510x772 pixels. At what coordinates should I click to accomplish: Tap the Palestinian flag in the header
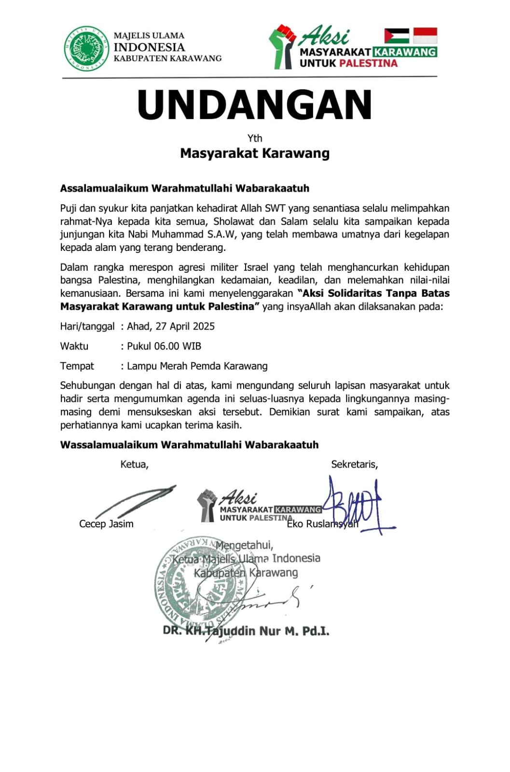pyautogui.click(x=397, y=36)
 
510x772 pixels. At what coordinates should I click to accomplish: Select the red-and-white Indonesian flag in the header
pyautogui.click(x=425, y=36)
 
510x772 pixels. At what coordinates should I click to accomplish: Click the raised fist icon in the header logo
pyautogui.click(x=282, y=46)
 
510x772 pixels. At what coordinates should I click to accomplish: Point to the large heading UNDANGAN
pyautogui.click(x=255, y=105)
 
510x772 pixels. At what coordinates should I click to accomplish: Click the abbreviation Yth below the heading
pyautogui.click(x=255, y=138)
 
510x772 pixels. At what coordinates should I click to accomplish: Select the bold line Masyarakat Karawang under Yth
pyautogui.click(x=255, y=153)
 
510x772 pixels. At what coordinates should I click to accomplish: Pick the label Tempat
pyautogui.click(x=77, y=366)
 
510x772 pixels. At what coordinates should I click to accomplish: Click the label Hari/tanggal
pyautogui.click(x=87, y=326)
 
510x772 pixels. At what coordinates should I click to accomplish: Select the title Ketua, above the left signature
pyautogui.click(x=135, y=464)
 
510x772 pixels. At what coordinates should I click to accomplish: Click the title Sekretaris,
pyautogui.click(x=355, y=464)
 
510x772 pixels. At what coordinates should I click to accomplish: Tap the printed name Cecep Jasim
pyautogui.click(x=106, y=524)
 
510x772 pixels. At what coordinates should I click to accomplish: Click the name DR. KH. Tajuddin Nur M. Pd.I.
pyautogui.click(x=246, y=631)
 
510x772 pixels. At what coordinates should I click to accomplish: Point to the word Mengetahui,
pyautogui.click(x=245, y=545)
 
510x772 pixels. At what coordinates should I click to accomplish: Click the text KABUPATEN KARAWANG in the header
pyautogui.click(x=167, y=58)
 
